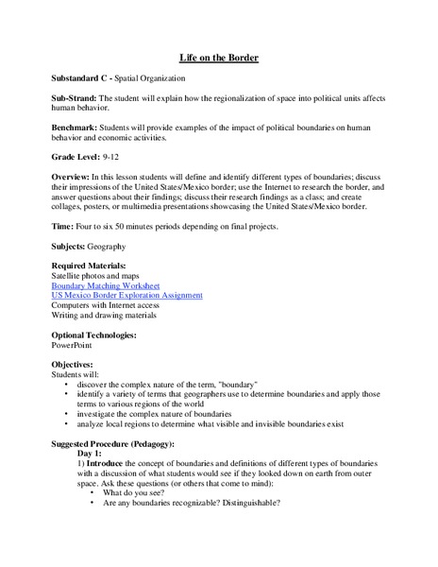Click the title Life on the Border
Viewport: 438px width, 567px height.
click(x=218, y=58)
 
